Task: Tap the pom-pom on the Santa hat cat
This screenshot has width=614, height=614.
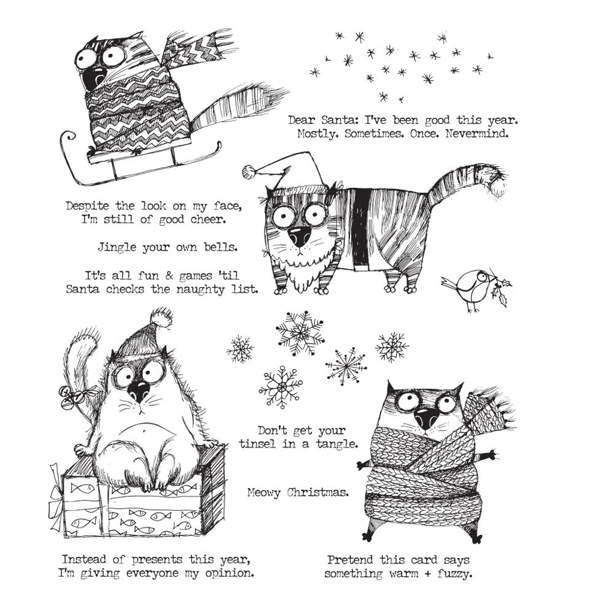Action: (249, 171)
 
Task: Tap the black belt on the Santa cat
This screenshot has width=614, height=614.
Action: (362, 227)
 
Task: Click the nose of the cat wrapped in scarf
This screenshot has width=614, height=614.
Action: (425, 420)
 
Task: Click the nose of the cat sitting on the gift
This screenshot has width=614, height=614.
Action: (139, 391)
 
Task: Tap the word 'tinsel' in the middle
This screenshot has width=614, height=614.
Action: (269, 444)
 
